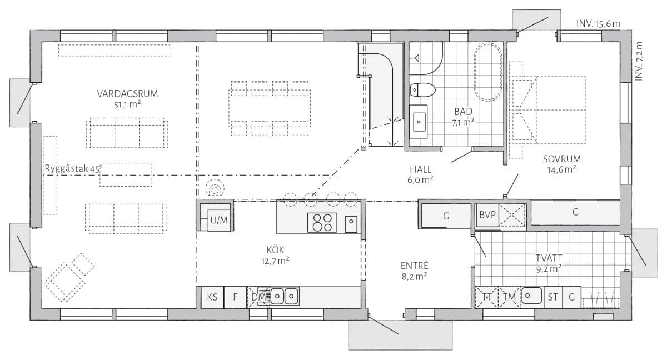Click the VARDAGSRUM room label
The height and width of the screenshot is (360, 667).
coord(127,94)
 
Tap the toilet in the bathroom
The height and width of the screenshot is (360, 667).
coord(422,89)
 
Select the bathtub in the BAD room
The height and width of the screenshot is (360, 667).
coord(488,72)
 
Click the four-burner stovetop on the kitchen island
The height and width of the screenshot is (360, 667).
coord(322,223)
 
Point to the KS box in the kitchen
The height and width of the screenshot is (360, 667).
coord(212,297)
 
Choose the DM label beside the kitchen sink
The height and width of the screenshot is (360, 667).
coord(258,297)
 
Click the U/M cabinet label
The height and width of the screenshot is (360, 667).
coord(219,220)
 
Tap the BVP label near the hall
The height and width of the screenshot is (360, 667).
coord(487,215)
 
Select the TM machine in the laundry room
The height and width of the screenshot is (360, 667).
coord(510,297)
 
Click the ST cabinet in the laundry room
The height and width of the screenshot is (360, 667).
coord(553,297)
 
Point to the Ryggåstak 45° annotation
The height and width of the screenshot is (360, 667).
coord(73,169)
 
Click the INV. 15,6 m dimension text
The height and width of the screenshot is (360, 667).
coord(598,23)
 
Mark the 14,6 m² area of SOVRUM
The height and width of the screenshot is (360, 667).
coord(561,169)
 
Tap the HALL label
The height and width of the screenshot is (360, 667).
coord(420,169)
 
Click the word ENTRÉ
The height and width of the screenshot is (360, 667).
coord(414,266)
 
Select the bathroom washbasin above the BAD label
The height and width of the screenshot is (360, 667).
coord(419,122)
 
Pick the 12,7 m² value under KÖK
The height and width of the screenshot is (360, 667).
coord(275,261)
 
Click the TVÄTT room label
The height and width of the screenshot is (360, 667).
coord(549,258)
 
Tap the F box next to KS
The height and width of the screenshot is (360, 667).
coord(235,297)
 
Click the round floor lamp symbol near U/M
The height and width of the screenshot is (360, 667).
coord(215,188)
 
